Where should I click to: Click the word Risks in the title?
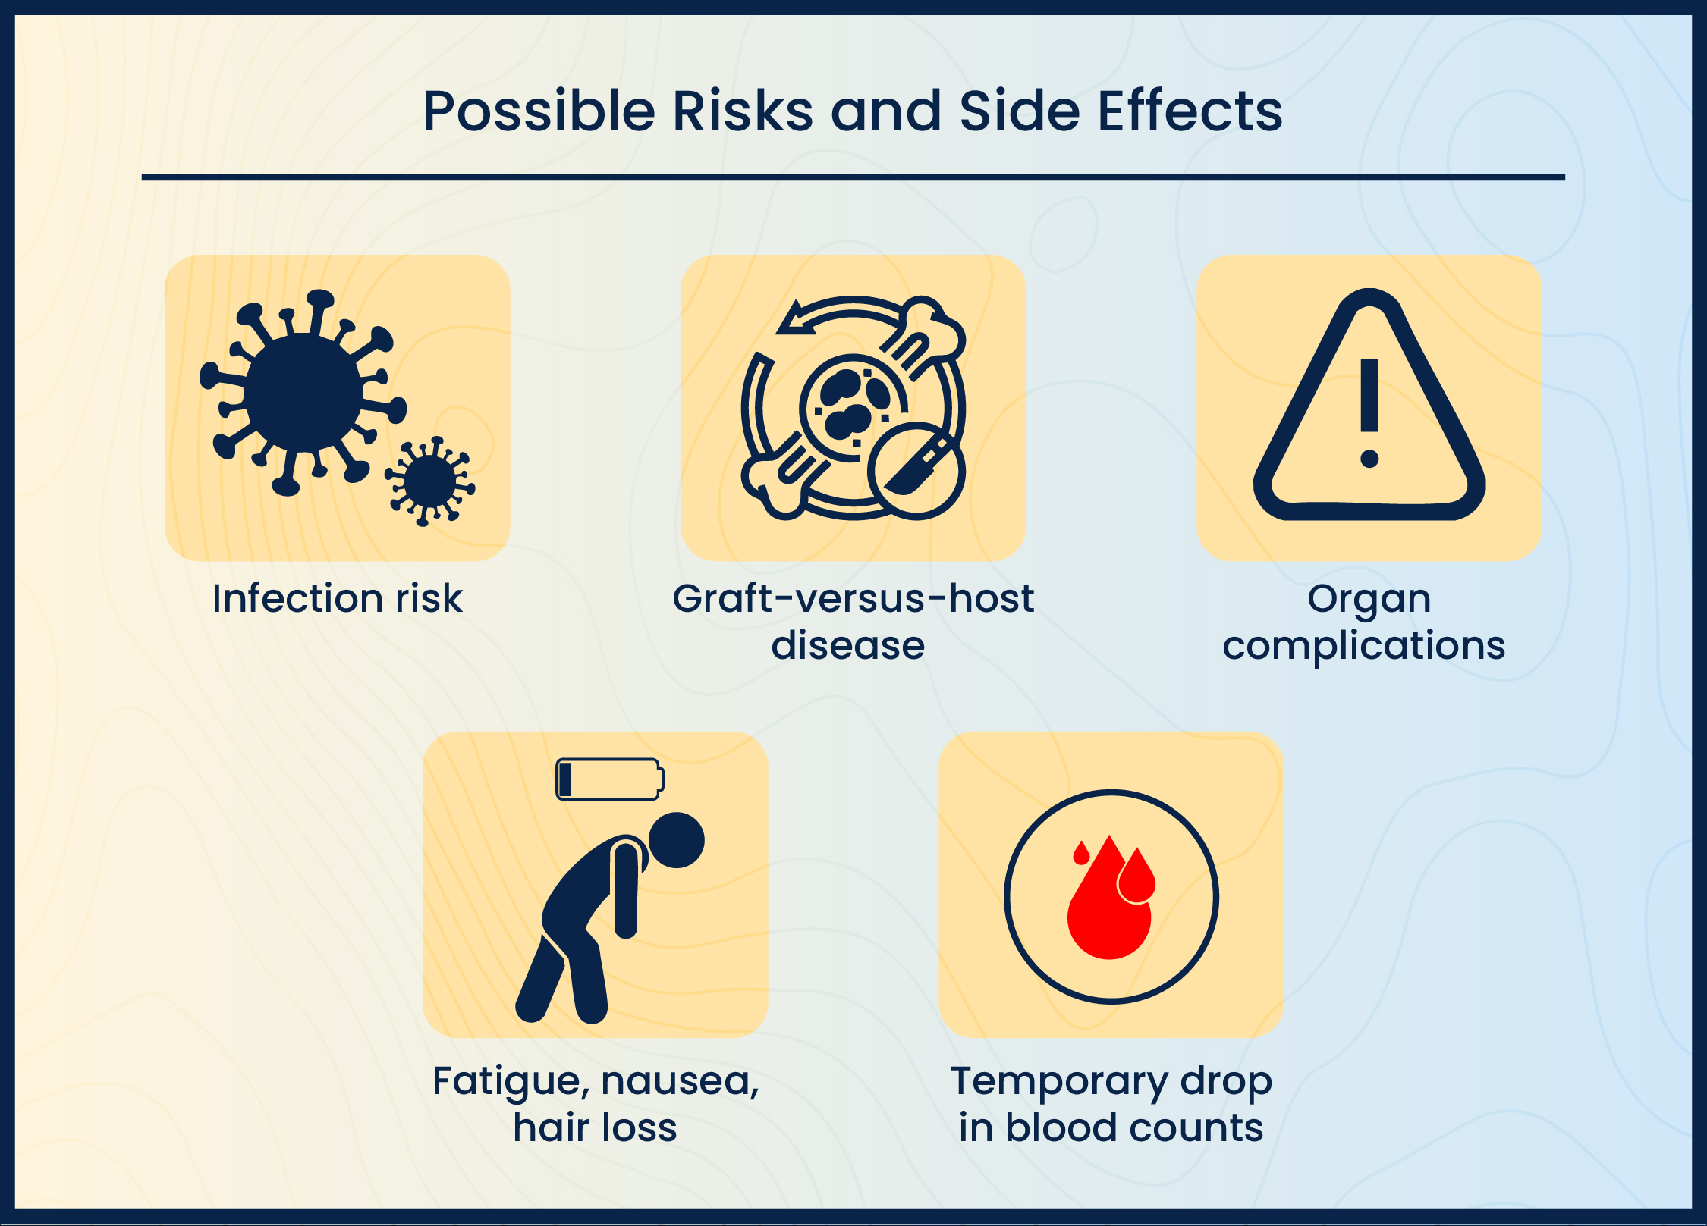(x=742, y=111)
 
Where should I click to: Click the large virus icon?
(x=303, y=393)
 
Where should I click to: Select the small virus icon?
(x=430, y=481)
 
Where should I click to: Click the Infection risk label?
(x=337, y=598)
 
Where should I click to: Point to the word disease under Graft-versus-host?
(x=847, y=645)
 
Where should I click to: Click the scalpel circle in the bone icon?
(x=916, y=470)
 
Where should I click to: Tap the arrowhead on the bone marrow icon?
(x=794, y=318)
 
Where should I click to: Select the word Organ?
(x=1369, y=599)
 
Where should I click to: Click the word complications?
(x=1363, y=646)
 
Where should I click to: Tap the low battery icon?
(x=609, y=779)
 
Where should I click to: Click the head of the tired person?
(x=677, y=840)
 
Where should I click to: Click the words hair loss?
(x=595, y=1127)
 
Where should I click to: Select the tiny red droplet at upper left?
(x=1081, y=854)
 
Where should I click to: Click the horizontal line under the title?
(x=853, y=177)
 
